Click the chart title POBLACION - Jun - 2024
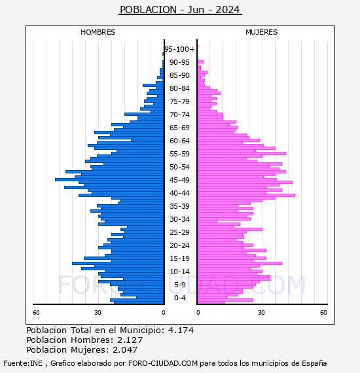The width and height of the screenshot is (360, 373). click(180, 10)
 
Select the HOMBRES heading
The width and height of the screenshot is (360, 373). click(98, 32)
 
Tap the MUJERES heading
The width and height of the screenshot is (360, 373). click(262, 32)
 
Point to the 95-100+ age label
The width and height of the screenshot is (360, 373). click(179, 49)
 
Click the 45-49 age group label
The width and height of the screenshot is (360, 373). click(179, 180)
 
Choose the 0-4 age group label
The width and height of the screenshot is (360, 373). click(179, 298)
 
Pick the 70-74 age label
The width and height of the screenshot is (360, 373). click(179, 115)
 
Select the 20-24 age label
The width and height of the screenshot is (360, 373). click(179, 245)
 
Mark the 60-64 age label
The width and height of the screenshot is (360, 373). click(179, 141)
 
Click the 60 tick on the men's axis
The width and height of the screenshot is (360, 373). click(36, 312)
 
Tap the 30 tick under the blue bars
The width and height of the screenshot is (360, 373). click(98, 312)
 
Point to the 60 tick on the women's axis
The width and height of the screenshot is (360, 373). click(323, 312)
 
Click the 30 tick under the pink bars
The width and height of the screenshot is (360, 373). click(261, 312)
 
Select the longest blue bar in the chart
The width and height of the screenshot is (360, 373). click(109, 179)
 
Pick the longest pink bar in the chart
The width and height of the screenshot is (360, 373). click(246, 195)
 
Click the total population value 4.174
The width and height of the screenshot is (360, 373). click(181, 330)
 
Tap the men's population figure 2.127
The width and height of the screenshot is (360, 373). click(130, 340)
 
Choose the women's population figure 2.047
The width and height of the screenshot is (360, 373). click(125, 349)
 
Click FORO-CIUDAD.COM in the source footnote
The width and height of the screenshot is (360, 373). click(163, 363)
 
